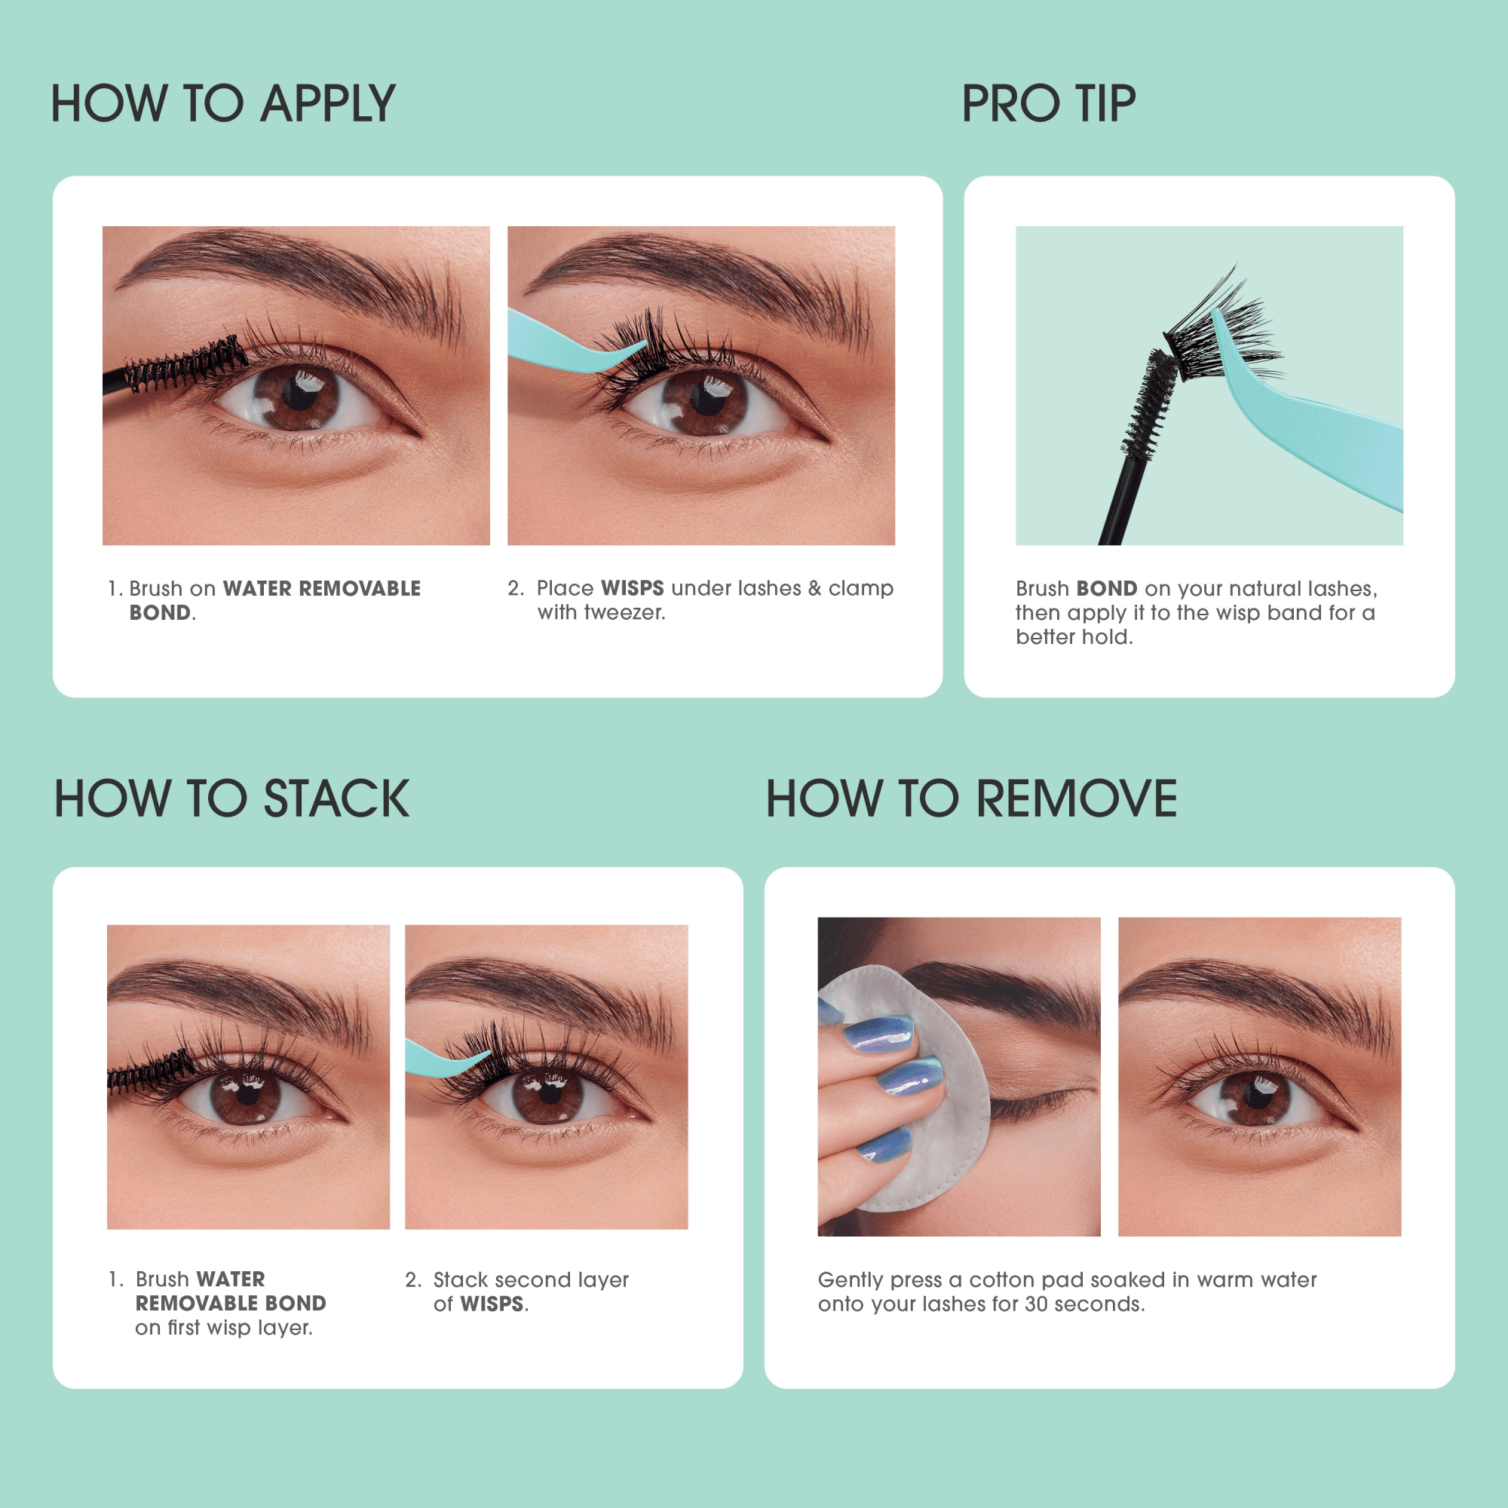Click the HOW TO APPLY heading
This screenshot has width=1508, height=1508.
pos(222,104)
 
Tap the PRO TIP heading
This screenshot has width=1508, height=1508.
pos(1047,104)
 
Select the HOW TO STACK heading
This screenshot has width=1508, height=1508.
pos(231,798)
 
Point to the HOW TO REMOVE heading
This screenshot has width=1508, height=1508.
pos(971,798)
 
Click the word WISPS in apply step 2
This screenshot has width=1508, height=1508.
pos(633,588)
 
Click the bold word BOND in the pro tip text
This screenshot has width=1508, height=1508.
pos(1106,589)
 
